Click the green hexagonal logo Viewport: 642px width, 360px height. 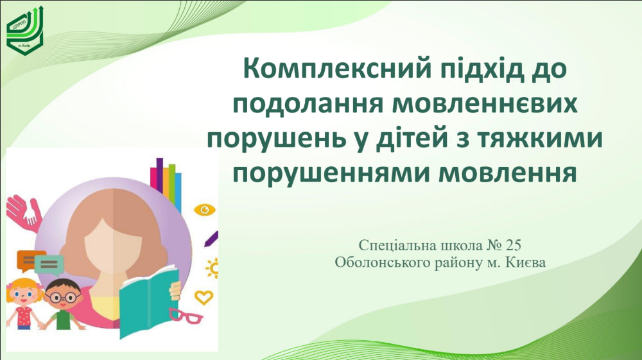click(x=24, y=31)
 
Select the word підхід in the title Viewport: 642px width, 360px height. click(x=482, y=69)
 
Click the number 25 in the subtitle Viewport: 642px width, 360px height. click(x=514, y=245)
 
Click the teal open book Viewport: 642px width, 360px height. click(x=148, y=301)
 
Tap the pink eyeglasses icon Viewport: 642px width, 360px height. click(x=186, y=316)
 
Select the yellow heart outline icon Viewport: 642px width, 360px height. click(x=204, y=297)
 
